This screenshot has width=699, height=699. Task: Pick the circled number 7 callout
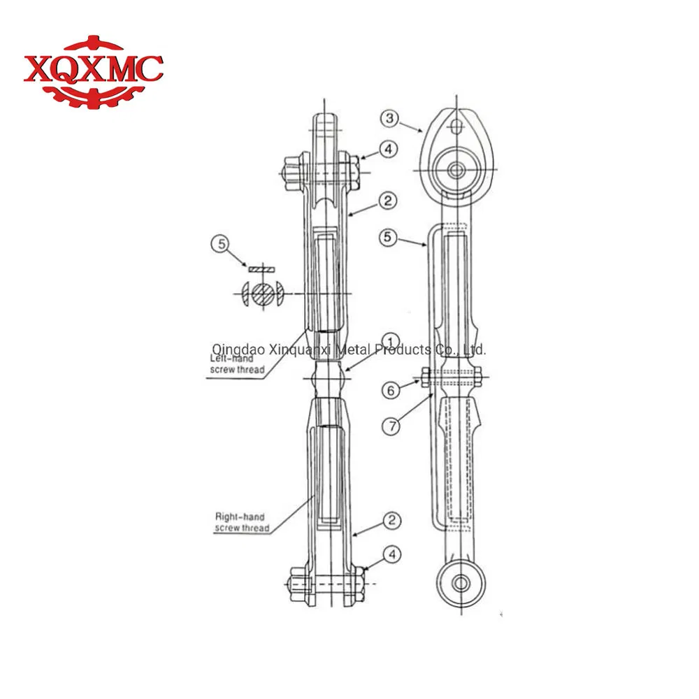click(x=391, y=424)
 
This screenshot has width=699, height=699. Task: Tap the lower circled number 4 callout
click(x=394, y=554)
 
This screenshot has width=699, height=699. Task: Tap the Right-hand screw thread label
click(x=242, y=522)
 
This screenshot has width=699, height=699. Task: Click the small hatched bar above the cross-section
click(x=262, y=268)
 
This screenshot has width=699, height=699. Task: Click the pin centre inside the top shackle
click(x=459, y=170)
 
